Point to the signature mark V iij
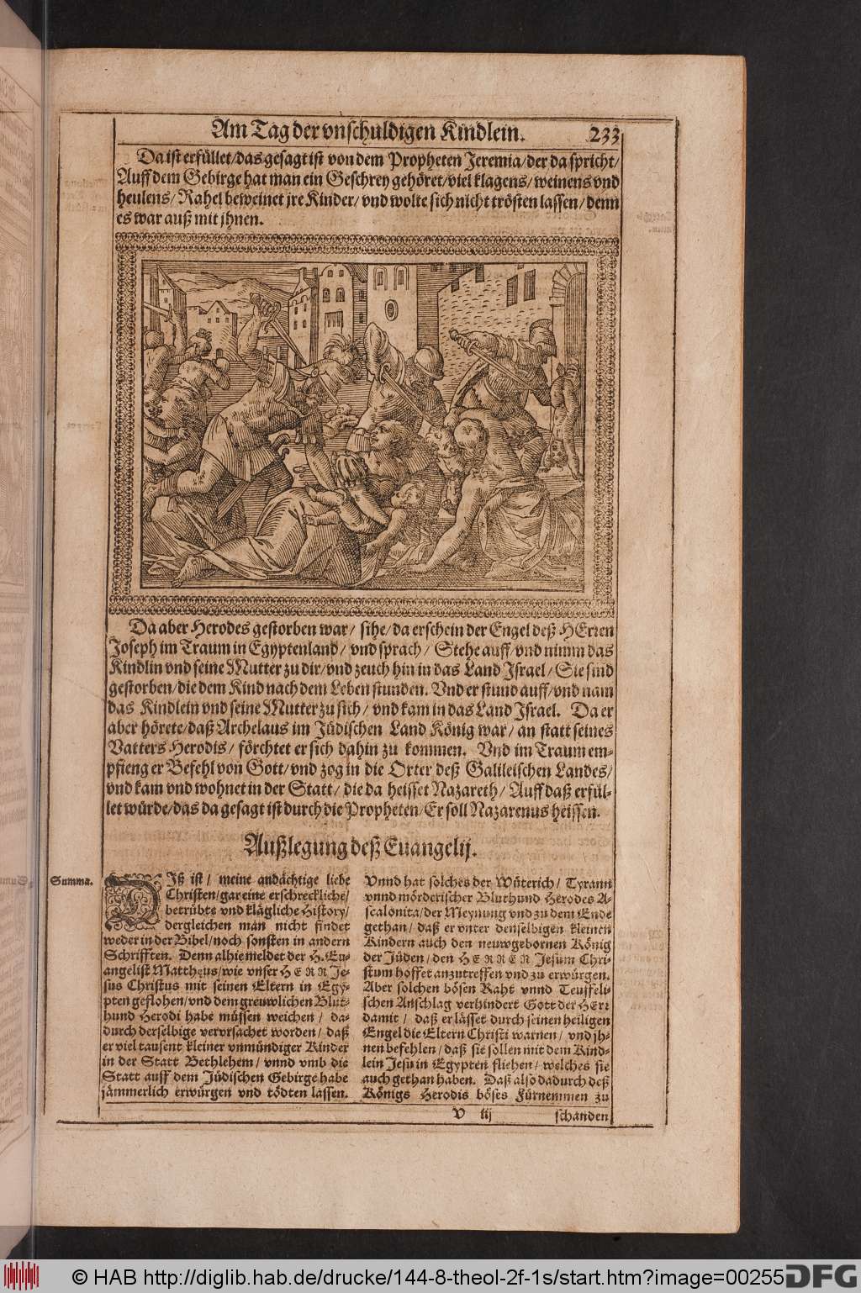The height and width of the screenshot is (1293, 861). [x=464, y=1116]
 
